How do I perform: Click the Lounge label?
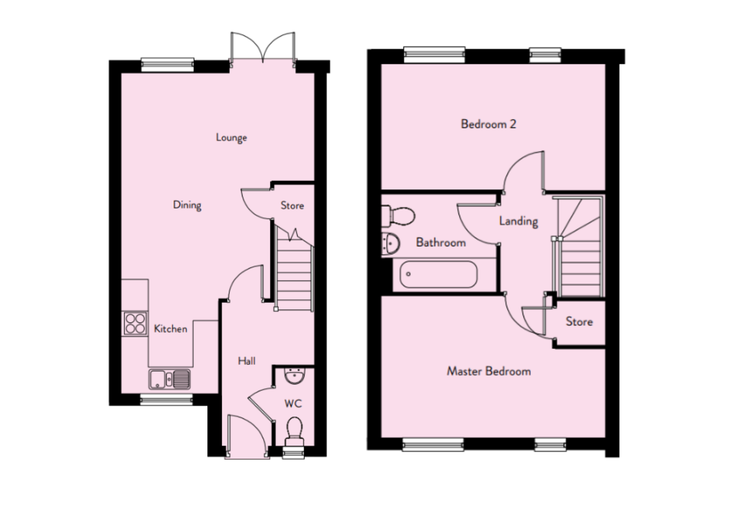(x=231, y=138)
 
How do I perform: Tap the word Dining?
(x=187, y=205)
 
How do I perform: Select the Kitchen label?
(x=171, y=329)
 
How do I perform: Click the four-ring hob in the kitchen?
(x=135, y=324)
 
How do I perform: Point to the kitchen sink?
(x=170, y=379)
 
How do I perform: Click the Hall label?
(x=247, y=361)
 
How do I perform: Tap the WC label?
(x=293, y=404)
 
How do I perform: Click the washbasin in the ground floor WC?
(x=295, y=376)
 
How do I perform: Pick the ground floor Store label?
(x=292, y=206)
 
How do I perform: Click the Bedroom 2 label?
(x=488, y=124)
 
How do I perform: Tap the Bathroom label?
(x=441, y=243)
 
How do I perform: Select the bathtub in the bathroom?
(x=438, y=274)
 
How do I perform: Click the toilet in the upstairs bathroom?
(x=398, y=216)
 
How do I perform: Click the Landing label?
(x=519, y=222)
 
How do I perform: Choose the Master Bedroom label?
(x=489, y=371)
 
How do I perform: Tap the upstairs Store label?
(x=579, y=322)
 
